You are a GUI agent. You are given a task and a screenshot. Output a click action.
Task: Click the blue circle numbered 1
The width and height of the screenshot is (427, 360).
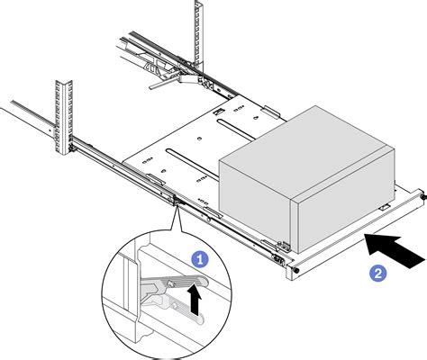pyautogui.click(x=200, y=259)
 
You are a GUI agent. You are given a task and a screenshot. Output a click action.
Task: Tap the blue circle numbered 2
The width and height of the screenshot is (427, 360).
pyautogui.click(x=377, y=274)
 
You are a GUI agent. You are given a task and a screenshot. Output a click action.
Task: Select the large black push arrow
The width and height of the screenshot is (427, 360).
pyautogui.click(x=395, y=251)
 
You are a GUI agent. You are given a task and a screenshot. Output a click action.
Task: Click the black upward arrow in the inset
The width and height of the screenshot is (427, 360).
pyautogui.click(x=195, y=300)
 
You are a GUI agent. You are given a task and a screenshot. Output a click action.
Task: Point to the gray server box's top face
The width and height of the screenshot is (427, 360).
pyautogui.click(x=307, y=151)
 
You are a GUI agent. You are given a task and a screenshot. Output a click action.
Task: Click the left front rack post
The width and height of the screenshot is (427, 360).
pyautogui.click(x=64, y=117)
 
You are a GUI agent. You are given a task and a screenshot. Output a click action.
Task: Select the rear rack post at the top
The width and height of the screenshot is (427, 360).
pyautogui.click(x=199, y=35)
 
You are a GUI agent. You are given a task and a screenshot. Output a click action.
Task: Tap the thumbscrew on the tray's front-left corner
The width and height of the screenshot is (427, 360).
pyautogui.click(x=295, y=270)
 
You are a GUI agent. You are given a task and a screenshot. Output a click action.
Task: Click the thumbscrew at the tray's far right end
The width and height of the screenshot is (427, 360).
pyautogui.click(x=423, y=197)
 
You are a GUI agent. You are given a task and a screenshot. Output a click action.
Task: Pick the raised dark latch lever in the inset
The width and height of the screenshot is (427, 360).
pyautogui.click(x=173, y=283)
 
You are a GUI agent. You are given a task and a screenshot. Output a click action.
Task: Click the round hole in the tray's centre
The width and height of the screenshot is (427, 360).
pyautogui.click(x=199, y=139)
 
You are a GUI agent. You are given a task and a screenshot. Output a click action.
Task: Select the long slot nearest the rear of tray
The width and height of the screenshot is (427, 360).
pyautogui.click(x=237, y=130)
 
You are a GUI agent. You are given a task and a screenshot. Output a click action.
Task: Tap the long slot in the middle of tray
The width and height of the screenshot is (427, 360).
pyautogui.click(x=194, y=165)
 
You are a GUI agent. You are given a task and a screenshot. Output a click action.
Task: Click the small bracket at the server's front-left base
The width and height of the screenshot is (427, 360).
pyautogui.click(x=284, y=246)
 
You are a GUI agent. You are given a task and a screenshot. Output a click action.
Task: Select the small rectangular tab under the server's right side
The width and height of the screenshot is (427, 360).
pyautogui.click(x=385, y=207)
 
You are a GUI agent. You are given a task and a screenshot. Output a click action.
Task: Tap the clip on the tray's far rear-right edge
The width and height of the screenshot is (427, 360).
pyautogui.click(x=271, y=111)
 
